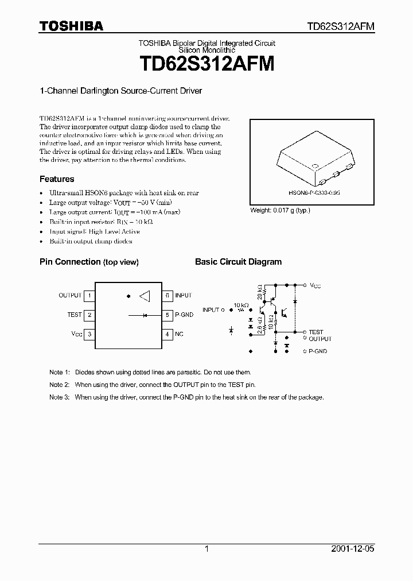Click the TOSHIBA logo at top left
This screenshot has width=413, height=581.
point(71,25)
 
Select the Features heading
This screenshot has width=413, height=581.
point(57,179)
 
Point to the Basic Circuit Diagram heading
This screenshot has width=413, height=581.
point(238,262)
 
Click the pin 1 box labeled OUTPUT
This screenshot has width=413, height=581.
point(89,296)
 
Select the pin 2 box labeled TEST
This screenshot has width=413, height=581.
point(89,315)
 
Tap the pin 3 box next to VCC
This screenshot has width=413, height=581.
point(89,334)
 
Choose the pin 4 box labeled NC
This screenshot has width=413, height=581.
point(167,334)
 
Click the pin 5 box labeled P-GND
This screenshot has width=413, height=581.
point(167,315)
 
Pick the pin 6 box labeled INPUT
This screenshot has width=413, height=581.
point(167,296)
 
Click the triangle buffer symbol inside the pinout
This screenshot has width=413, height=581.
point(144,296)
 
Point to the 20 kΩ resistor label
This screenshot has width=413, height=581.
point(260,292)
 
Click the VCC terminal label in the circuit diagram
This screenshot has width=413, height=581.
point(316,285)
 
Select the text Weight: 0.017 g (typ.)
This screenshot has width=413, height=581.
point(280,211)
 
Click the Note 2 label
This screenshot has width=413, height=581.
point(59,385)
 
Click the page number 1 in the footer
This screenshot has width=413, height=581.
point(206,549)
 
